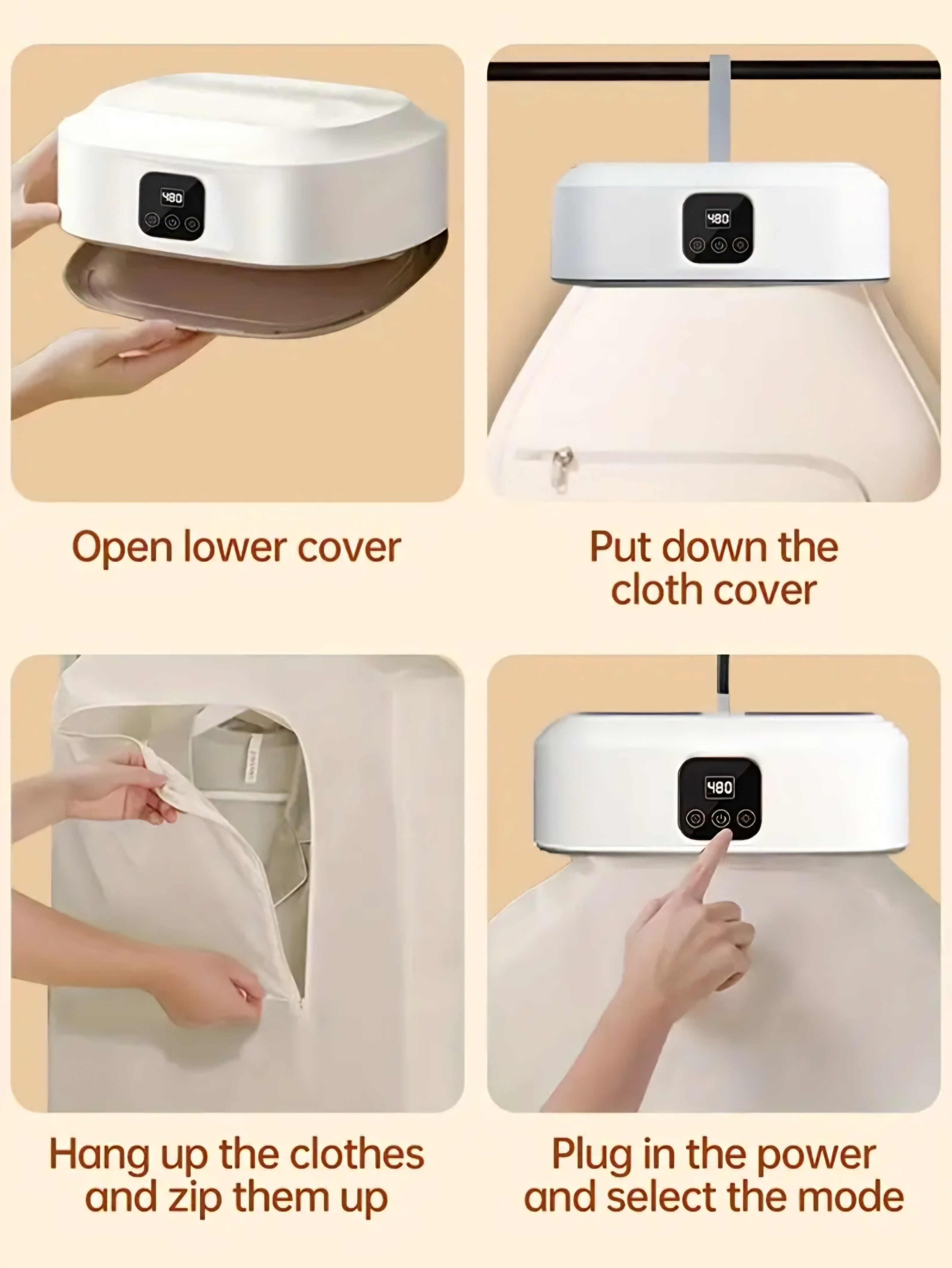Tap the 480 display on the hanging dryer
[717, 218]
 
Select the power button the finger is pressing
[720, 818]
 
